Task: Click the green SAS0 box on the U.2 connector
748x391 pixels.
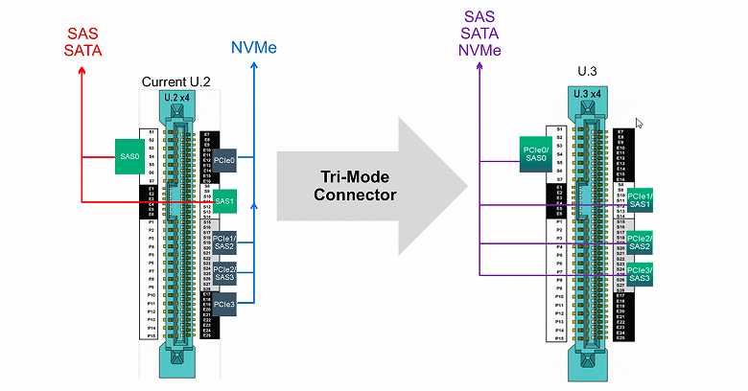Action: (129, 155)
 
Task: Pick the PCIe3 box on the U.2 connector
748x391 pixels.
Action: (225, 305)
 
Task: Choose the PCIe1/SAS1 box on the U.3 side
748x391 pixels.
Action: (640, 200)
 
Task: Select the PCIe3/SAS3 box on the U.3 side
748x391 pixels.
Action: (640, 276)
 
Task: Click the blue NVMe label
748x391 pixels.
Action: (254, 46)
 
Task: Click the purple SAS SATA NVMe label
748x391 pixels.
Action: (479, 33)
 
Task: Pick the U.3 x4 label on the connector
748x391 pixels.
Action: (588, 93)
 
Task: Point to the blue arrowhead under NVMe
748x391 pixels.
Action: (254, 67)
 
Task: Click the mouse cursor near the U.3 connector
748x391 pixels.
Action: (639, 123)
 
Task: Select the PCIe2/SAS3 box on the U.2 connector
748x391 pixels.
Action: (226, 275)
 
